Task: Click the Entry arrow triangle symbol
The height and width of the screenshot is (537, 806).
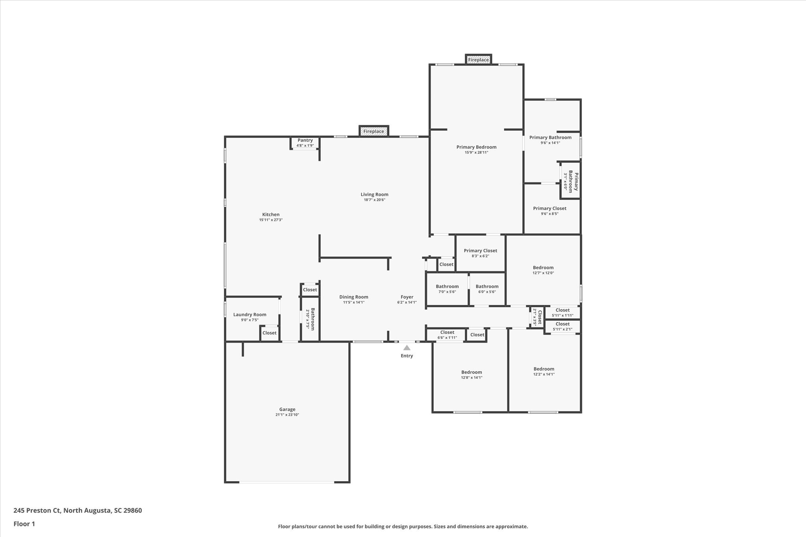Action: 407,348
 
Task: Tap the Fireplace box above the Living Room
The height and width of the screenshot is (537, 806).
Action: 373,131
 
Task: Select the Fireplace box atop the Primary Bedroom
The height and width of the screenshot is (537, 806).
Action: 478,60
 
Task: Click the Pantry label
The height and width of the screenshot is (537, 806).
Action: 305,140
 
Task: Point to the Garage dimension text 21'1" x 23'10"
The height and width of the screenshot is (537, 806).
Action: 287,415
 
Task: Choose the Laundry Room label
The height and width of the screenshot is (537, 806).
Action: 250,314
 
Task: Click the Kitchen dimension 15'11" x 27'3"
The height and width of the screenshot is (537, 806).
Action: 271,220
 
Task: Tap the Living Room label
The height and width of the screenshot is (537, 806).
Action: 374,194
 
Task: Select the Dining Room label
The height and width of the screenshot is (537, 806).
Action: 353,297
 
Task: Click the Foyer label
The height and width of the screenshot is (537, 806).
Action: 407,297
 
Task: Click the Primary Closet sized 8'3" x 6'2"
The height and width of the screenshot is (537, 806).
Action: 480,253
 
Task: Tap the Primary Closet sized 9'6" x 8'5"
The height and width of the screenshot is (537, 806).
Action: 549,211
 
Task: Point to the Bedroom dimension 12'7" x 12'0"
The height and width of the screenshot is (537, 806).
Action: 543,273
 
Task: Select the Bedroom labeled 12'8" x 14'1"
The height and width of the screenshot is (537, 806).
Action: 471,375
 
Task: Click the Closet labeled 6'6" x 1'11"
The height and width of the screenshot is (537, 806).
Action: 447,335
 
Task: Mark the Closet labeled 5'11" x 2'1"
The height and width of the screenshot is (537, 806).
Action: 562,327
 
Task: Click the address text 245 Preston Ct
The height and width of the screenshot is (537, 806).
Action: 38,511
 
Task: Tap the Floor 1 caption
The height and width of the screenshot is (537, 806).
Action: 24,524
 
